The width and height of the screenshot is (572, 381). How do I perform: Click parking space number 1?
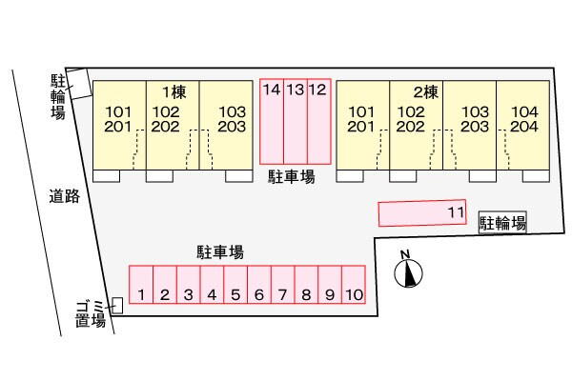coord(140,285)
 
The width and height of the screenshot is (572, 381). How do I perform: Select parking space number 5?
coord(235,285)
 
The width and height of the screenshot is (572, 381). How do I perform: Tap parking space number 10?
coord(353,285)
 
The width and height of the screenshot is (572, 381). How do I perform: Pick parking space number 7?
coord(282,285)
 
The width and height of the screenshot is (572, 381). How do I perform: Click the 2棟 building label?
coord(425,92)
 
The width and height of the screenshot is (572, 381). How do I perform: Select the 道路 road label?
coord(65,196)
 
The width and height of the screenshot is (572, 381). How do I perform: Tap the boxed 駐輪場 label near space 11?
coord(502,224)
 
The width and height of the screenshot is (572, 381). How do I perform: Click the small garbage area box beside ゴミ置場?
coord(117,305)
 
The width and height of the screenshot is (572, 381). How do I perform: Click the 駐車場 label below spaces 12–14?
coord(292,177)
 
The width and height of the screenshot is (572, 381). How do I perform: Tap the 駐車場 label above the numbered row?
coord(220,252)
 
